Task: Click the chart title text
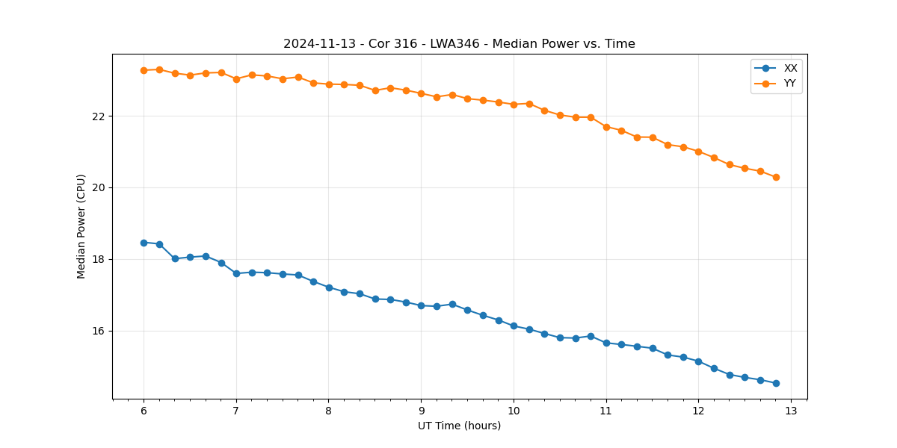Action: click(459, 44)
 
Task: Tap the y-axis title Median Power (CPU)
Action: click(81, 226)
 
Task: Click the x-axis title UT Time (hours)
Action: click(459, 426)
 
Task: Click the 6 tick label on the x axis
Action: click(144, 411)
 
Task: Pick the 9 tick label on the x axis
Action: click(421, 411)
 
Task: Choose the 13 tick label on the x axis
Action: click(791, 411)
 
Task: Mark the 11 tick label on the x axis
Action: click(606, 411)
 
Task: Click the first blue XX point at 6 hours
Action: click(144, 243)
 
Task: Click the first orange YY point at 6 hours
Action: click(144, 70)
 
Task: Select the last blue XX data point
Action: click(776, 383)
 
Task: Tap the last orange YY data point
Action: click(776, 177)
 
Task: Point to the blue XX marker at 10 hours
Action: click(514, 326)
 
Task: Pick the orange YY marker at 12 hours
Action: click(698, 152)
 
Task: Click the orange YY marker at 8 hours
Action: click(329, 84)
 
